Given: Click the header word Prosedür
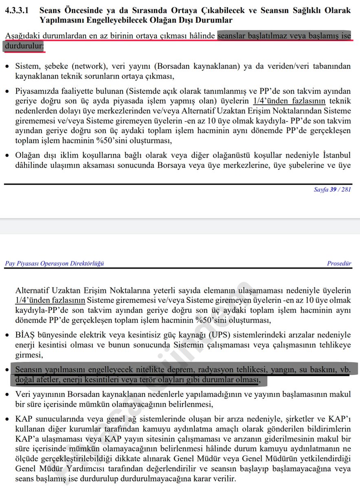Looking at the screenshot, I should (339, 263).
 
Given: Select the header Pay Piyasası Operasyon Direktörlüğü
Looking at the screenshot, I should (55, 263).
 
